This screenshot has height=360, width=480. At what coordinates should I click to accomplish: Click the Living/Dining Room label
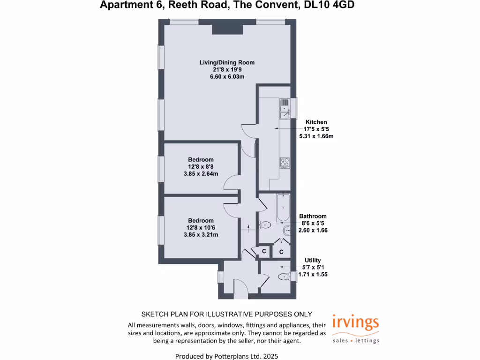tap(227, 62)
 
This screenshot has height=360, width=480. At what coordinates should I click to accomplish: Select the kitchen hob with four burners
tap(285, 163)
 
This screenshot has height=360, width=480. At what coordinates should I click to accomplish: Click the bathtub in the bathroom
tap(283, 209)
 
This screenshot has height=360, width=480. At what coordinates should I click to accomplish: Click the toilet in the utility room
tap(284, 277)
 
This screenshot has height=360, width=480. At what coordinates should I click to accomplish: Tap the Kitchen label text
tap(316, 122)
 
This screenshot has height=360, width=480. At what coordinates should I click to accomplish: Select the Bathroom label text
tap(313, 217)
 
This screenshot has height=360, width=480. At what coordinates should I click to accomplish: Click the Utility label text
tap(312, 260)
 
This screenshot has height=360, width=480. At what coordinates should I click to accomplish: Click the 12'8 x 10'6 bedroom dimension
tap(201, 228)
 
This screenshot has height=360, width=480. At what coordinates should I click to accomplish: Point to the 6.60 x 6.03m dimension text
tap(227, 76)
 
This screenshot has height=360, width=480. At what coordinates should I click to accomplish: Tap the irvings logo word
tap(355, 323)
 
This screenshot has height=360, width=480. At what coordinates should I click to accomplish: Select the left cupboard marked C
tap(264, 252)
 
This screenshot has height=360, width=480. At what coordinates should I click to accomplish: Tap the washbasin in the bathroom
tap(286, 230)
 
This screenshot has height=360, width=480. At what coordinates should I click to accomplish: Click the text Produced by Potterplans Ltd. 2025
tap(227, 356)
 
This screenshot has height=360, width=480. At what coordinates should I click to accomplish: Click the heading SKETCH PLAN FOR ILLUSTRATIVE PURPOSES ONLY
tap(227, 314)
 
